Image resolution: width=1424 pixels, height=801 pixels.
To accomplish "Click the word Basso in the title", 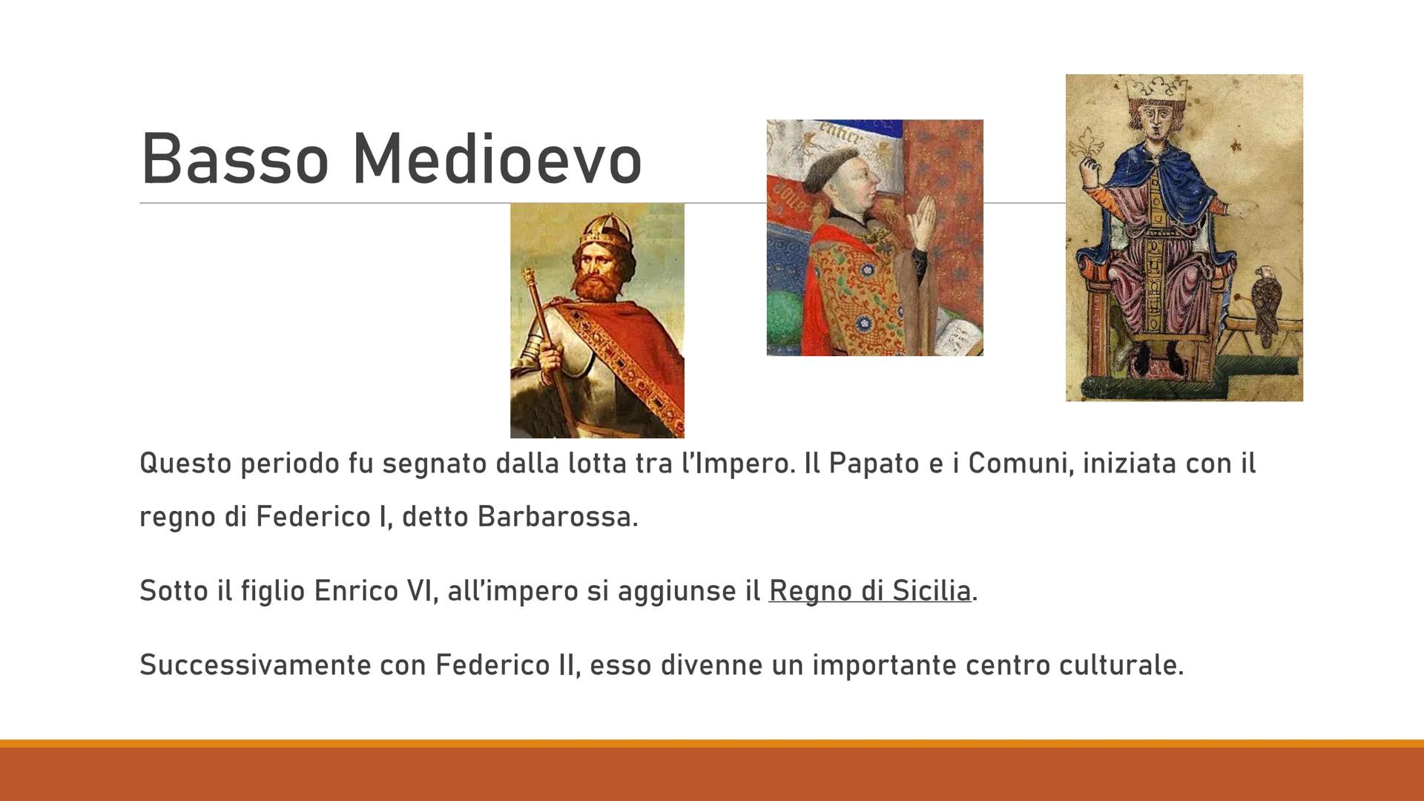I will click(x=234, y=159).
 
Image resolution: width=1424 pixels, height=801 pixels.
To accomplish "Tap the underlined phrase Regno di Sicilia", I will click(x=869, y=591).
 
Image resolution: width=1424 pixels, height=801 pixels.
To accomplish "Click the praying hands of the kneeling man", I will click(x=920, y=219).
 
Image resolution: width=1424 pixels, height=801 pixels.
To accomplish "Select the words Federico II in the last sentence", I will click(x=504, y=665).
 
